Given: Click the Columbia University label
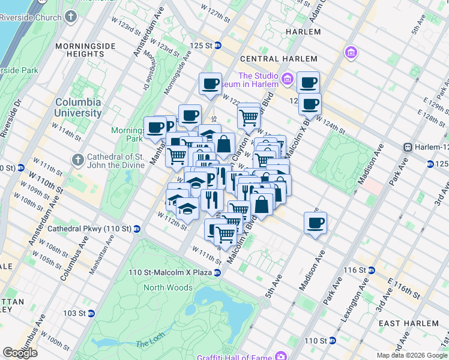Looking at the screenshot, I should [x=78, y=107].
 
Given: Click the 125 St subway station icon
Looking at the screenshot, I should [x=218, y=46].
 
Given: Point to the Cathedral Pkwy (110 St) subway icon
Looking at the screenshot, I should [x=137, y=229].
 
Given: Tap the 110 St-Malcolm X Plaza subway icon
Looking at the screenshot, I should [x=218, y=272].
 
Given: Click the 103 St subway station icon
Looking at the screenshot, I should [x=91, y=313].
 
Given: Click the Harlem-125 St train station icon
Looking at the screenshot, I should [x=407, y=147].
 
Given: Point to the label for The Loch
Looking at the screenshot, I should [x=146, y=343].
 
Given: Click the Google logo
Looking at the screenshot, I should [x=20, y=353].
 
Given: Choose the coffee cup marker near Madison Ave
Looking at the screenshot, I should [x=315, y=224].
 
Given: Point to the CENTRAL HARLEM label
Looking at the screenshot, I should [x=279, y=59].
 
